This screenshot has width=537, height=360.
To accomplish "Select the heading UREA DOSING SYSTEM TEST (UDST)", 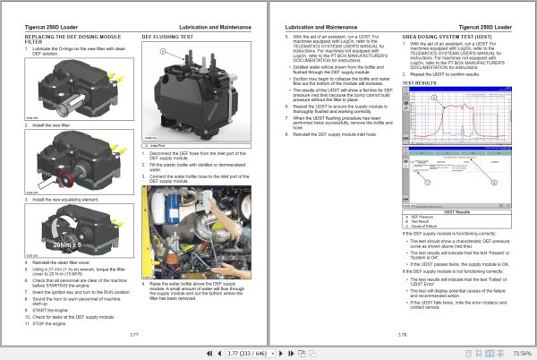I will tap(445, 38).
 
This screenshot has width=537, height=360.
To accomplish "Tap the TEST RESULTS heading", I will tap(420, 82).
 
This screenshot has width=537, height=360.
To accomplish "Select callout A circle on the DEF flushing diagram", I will tap(160, 52).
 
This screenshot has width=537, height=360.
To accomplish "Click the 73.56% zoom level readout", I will tap(518, 352).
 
